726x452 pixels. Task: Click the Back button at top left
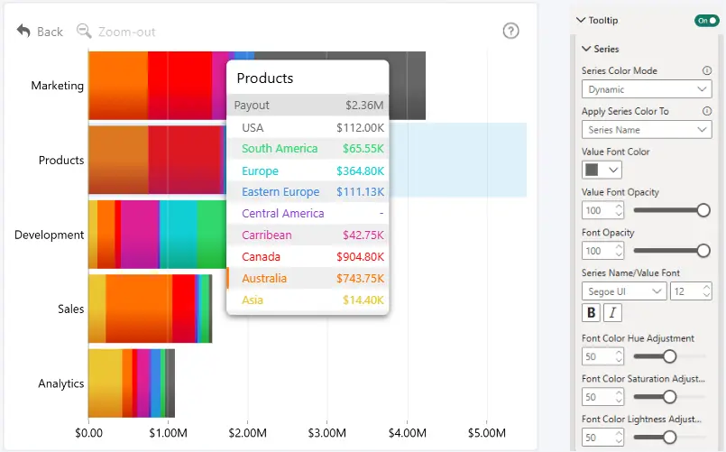coord(40,32)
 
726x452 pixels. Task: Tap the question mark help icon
coord(510,31)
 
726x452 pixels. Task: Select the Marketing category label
coord(58,86)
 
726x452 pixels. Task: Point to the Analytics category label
coord(61,383)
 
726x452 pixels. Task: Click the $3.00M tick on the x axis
coord(326,433)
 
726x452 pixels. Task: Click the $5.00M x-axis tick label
coord(487,433)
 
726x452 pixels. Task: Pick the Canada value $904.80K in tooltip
coord(360,256)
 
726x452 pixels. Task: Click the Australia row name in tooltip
coord(264,279)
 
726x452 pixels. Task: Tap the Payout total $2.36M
coord(364,106)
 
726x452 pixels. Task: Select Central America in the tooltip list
coord(283,214)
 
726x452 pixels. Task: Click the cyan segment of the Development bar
coord(179,235)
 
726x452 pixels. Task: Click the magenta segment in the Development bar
coord(141,235)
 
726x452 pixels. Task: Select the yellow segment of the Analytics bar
coord(106,383)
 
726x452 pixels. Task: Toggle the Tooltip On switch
coord(706,21)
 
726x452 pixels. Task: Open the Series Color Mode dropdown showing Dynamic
coord(647,89)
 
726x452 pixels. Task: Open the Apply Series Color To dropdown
coord(647,130)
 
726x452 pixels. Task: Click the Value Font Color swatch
coord(592,170)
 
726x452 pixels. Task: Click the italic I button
coord(612,312)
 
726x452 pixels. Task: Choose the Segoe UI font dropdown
coord(624,291)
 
